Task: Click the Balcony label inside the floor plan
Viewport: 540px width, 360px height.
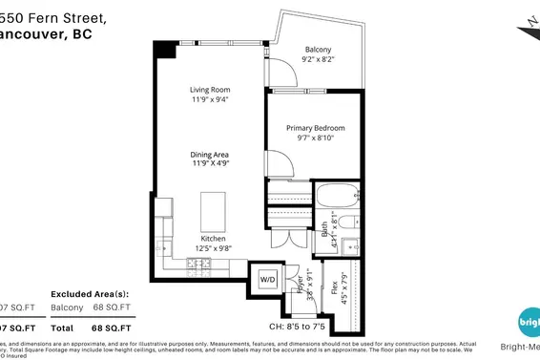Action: coord(319,50)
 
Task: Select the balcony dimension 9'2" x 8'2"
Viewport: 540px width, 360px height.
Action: coord(319,60)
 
